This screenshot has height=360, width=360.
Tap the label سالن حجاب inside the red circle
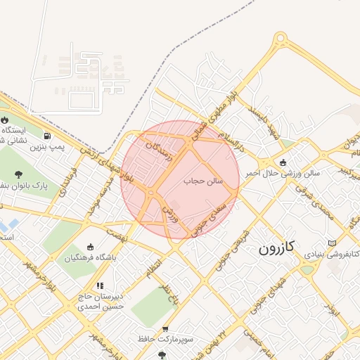[203, 181]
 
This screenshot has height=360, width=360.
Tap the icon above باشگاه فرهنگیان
[90, 247]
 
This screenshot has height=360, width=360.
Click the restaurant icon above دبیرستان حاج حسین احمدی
[100, 286]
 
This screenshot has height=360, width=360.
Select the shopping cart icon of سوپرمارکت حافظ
[165, 328]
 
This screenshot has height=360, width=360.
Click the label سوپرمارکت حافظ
[146, 339]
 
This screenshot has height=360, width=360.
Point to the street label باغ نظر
[168, 290]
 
